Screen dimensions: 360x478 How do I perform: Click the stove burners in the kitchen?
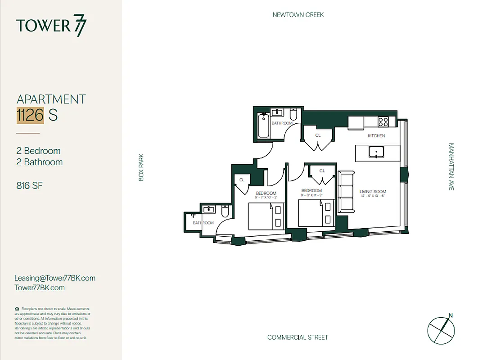[383, 121]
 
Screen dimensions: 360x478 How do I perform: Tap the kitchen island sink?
[374, 153]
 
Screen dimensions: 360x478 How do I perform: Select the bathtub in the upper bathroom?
[263, 126]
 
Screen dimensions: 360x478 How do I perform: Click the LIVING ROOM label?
[373, 192]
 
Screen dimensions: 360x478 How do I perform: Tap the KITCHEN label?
[376, 136]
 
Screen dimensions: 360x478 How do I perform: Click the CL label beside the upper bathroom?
[318, 135]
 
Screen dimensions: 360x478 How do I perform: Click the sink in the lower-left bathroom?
[209, 209]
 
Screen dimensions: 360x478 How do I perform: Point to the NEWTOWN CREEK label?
[298, 15]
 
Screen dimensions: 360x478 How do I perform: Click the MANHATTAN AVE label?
[451, 166]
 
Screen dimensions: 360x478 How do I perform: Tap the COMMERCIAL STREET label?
[298, 337]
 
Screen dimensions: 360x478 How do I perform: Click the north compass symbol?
[441, 328]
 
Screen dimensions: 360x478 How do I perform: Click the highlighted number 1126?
[30, 115]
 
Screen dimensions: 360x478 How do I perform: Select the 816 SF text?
[29, 185]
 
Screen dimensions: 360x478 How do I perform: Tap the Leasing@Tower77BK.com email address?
[55, 278]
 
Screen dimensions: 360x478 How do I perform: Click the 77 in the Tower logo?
[80, 27]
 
